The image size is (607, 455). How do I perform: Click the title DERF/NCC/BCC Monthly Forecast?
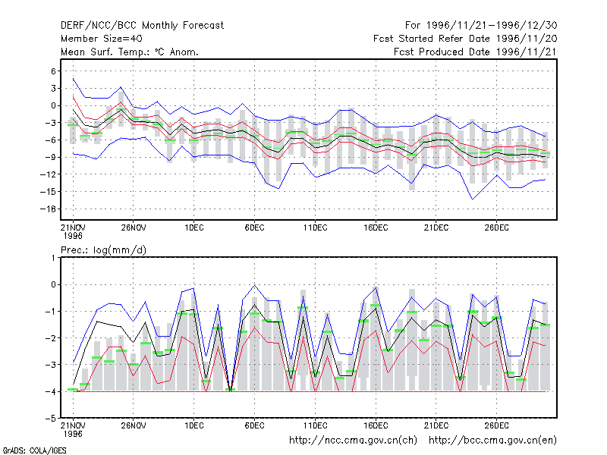142,26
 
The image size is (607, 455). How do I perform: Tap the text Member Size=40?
102,39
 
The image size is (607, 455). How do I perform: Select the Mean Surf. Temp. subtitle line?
130,52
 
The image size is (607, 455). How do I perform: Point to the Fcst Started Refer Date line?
465,39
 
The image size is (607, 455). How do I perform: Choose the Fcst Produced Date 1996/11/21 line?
476,52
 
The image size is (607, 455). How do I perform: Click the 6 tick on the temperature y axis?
53,71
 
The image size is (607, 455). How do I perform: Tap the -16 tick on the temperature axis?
48,209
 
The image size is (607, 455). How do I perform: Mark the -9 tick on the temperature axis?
50,157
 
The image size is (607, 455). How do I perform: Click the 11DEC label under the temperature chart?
315,228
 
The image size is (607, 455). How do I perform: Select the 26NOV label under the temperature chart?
134,228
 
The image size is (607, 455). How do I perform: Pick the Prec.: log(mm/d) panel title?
103,250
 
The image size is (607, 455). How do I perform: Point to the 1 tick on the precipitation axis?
53,258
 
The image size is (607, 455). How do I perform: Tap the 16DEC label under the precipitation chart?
376,426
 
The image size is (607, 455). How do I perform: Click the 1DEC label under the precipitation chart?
194,426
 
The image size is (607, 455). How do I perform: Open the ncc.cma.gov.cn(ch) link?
354,441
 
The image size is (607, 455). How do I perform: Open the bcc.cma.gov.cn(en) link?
492,441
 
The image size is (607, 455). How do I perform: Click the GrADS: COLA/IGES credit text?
34,450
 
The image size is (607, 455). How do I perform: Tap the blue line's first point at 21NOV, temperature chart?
73,79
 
